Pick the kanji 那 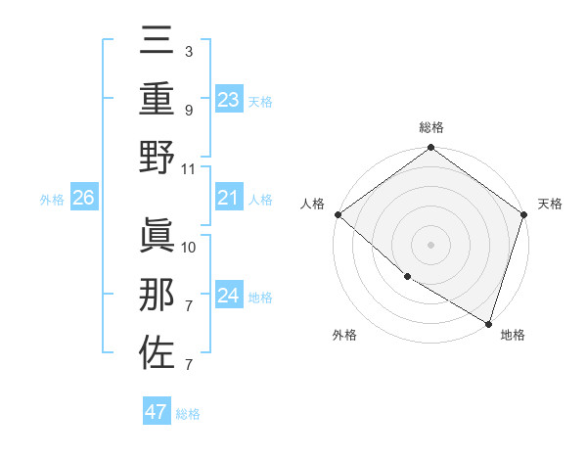(x=157, y=295)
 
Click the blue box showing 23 (x=228, y=99)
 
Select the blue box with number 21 (x=228, y=199)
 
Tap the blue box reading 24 (x=228, y=296)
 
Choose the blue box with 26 (x=83, y=199)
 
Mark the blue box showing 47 (x=157, y=412)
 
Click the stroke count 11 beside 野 (x=189, y=168)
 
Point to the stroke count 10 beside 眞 (x=189, y=247)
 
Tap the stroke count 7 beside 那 (x=189, y=306)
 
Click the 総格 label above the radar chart (x=430, y=128)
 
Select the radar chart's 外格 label (x=344, y=335)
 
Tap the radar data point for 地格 (x=487, y=321)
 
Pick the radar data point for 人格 (x=338, y=214)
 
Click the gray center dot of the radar (x=430, y=245)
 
